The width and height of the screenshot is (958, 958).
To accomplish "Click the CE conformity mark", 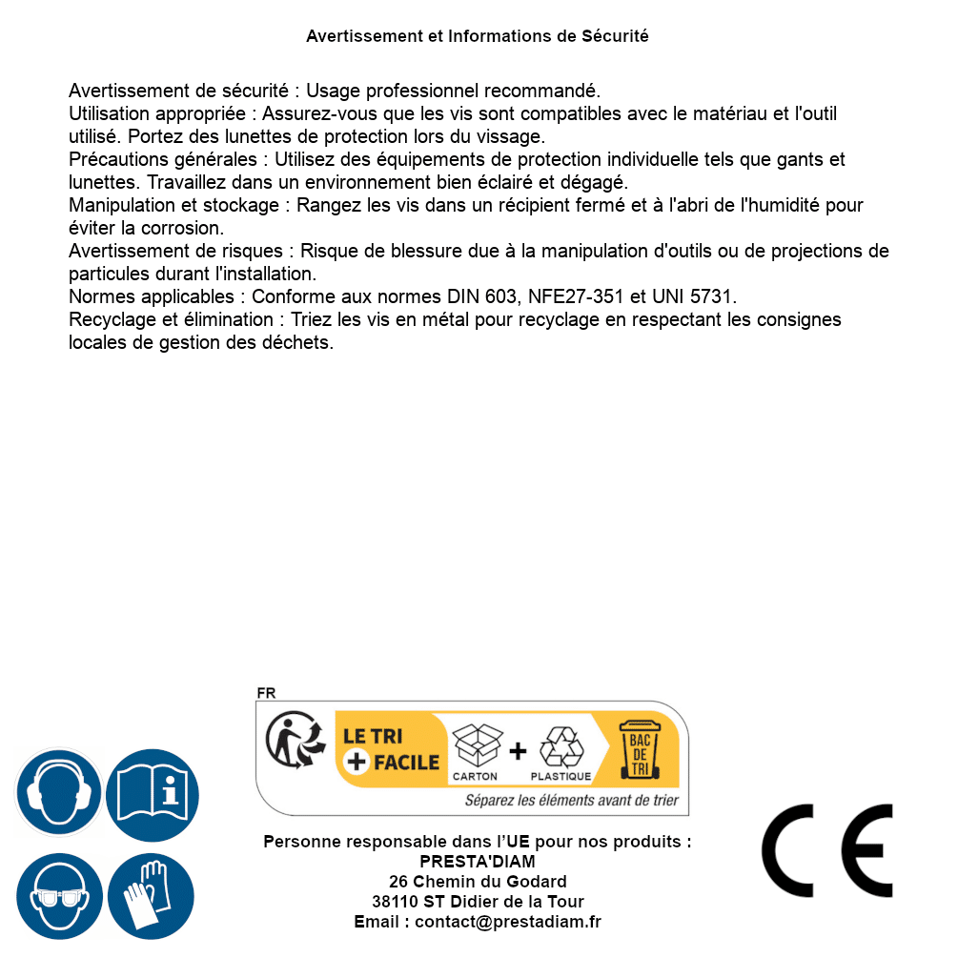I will [827, 851].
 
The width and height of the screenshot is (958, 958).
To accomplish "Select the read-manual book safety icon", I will [153, 793].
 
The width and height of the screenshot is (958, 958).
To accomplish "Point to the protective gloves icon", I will [151, 897].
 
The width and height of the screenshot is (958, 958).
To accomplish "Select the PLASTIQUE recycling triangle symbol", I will [561, 746].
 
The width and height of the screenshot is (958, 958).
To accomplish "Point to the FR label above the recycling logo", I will [266, 693].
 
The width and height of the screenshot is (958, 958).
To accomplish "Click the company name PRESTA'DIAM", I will [477, 862].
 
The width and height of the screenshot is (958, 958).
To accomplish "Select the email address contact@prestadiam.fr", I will [508, 922].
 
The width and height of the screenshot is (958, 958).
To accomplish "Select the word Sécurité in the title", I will [615, 36].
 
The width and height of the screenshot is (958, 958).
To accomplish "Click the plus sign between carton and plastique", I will [518, 751].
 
